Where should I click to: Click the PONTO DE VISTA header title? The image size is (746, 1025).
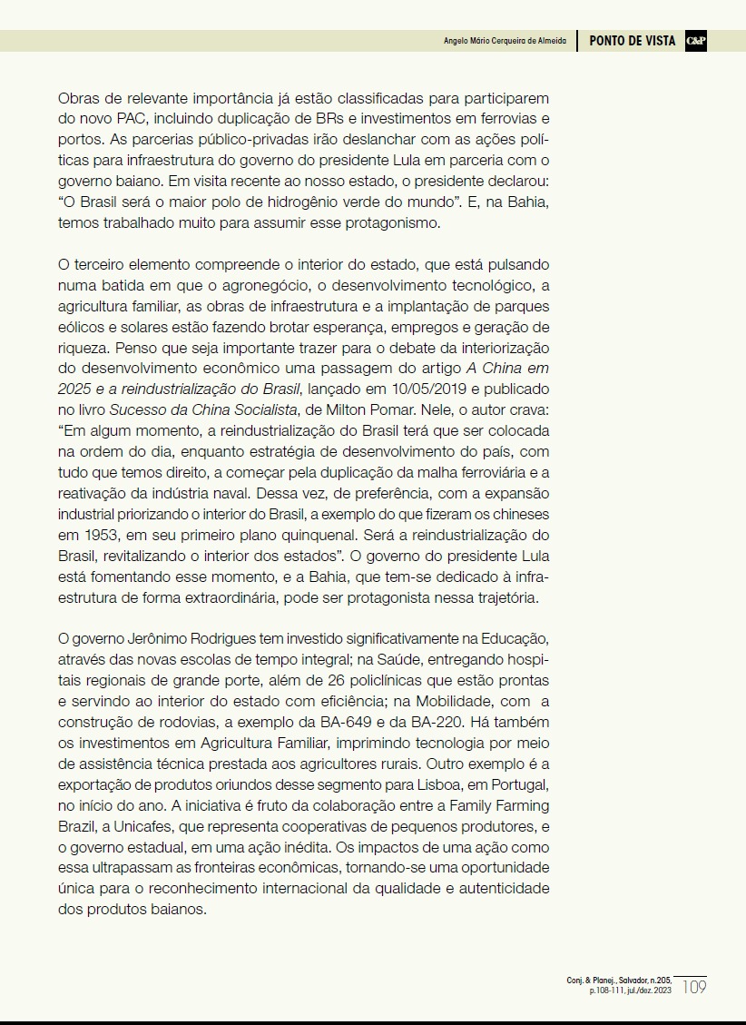point(632,41)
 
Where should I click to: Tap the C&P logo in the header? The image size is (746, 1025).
point(695,41)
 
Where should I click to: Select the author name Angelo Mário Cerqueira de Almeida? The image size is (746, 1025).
point(505,42)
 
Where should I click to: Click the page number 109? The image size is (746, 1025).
point(693,986)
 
